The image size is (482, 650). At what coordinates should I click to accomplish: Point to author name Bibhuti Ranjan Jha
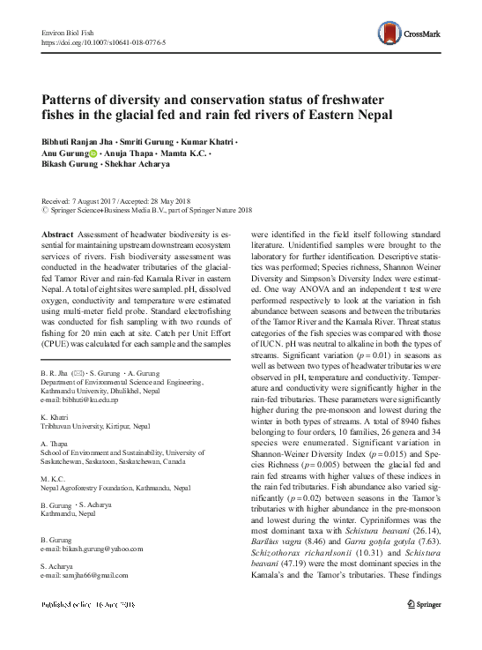click(78, 143)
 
